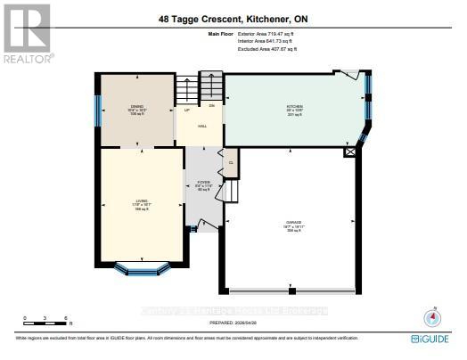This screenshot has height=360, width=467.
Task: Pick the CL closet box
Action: tap(231, 162)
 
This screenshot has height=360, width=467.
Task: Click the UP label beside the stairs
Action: tap(186, 110)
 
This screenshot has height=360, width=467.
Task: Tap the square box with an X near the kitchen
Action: tap(350, 152)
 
